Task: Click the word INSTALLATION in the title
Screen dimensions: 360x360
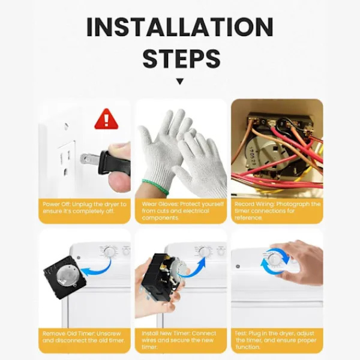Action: click(180, 27)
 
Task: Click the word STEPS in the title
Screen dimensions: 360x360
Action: click(181, 58)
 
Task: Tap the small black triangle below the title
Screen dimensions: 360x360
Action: click(180, 81)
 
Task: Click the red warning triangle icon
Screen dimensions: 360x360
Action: click(106, 119)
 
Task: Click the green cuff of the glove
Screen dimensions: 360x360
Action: click(155, 187)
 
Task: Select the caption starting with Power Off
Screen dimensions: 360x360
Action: click(85, 208)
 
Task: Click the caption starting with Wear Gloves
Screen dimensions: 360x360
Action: click(182, 211)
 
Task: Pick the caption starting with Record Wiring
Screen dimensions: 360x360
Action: click(277, 211)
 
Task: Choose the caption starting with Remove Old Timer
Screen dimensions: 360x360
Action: click(83, 337)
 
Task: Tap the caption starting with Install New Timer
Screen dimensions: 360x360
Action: click(179, 340)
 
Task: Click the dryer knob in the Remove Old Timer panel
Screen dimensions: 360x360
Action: click(109, 252)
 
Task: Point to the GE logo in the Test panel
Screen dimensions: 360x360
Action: click(238, 266)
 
